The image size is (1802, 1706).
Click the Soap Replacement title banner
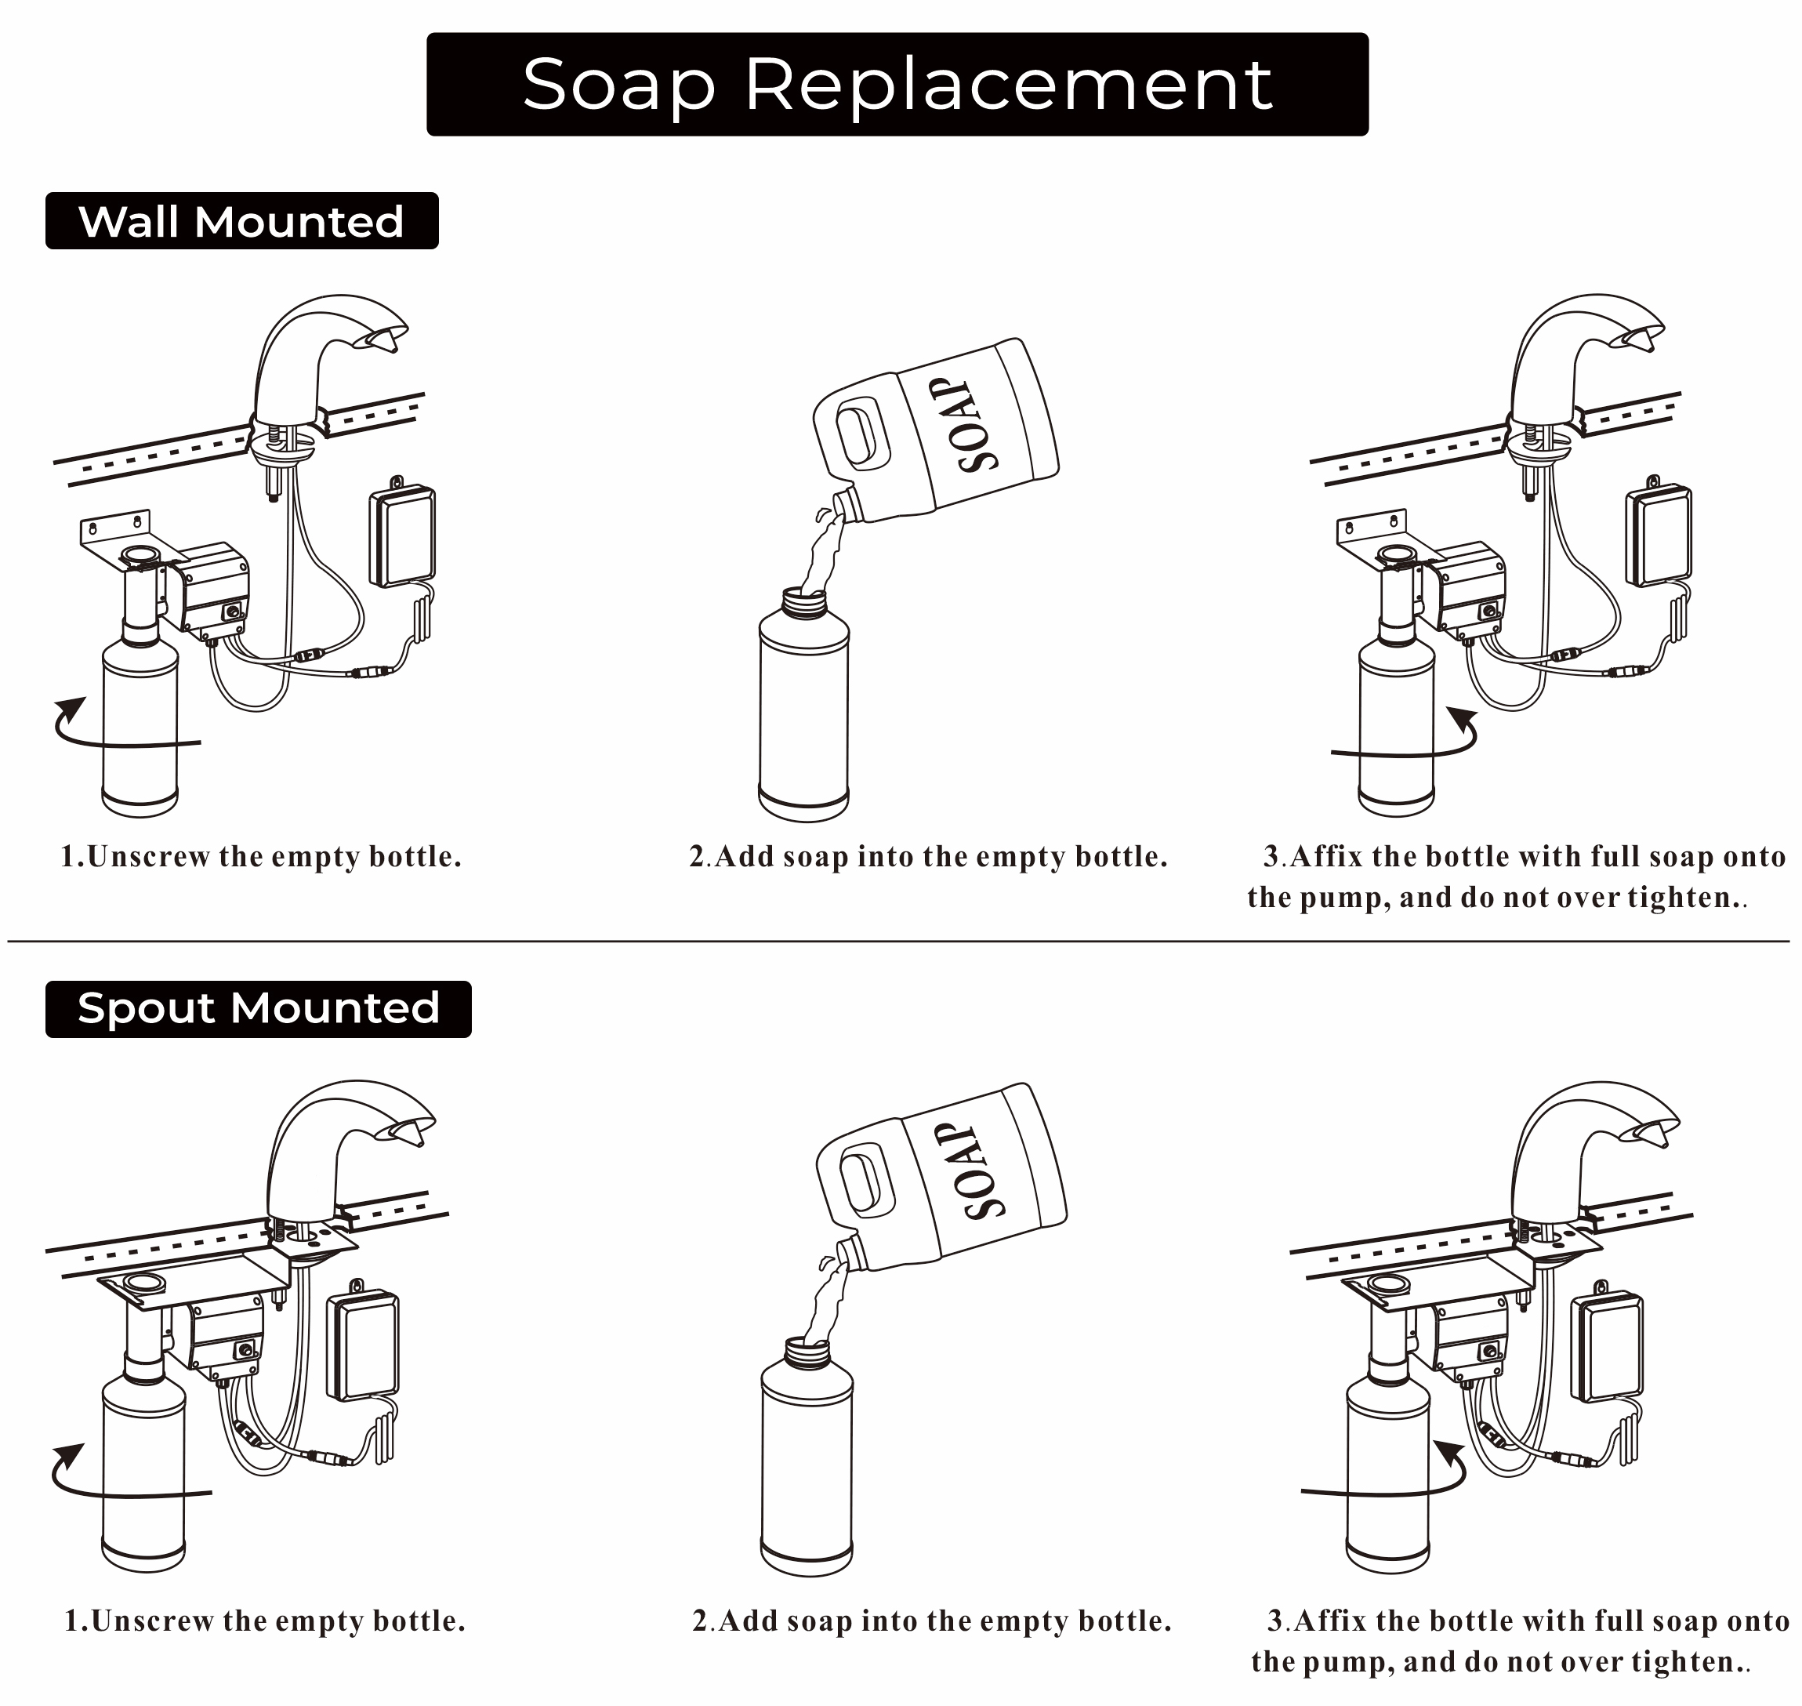tap(897, 84)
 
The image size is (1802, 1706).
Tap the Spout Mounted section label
tap(258, 1008)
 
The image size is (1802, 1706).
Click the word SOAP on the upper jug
tap(974, 425)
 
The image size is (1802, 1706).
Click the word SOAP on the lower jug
tap(980, 1171)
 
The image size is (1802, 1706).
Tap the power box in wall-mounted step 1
tap(401, 536)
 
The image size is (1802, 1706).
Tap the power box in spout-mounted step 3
tap(1607, 1347)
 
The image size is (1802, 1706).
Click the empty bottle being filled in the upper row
tap(803, 710)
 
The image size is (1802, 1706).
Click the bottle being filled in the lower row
tap(806, 1464)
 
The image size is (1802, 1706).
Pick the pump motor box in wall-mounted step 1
tap(215, 587)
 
